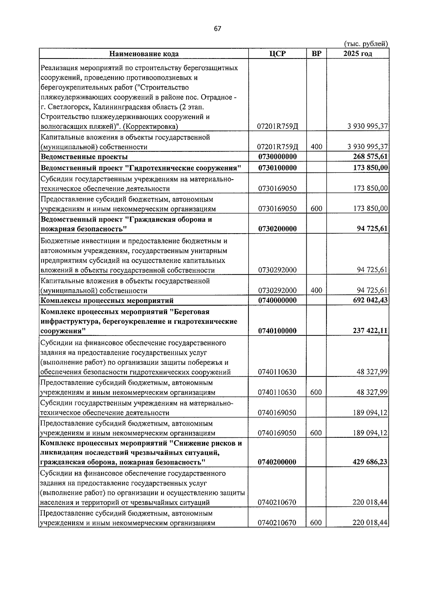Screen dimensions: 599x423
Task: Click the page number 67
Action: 217,29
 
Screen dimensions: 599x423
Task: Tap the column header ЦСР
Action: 277,54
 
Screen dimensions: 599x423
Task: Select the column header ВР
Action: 317,54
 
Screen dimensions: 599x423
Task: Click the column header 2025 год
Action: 357,54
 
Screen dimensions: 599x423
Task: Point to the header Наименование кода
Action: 144,54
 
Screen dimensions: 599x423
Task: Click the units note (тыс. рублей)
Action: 366,44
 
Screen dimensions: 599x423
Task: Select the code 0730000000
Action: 277,157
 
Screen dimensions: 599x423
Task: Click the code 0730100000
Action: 277,168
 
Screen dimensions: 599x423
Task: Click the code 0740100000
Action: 277,331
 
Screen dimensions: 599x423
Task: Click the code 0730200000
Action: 277,229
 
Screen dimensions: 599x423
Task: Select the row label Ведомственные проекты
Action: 84,157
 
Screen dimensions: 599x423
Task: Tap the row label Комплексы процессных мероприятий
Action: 107,301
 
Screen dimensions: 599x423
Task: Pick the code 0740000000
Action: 277,301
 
